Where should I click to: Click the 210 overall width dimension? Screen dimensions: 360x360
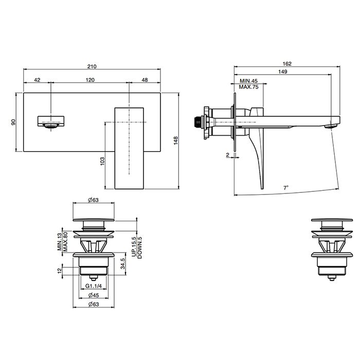click(92, 66)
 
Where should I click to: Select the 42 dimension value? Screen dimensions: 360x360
click(37, 80)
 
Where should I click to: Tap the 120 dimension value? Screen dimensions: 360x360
click(90, 80)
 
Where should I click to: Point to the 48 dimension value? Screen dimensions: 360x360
click(145, 80)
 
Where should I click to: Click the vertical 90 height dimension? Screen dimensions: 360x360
click(14, 122)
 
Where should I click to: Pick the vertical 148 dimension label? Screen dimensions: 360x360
click(176, 140)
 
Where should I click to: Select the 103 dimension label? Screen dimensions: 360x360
click(102, 161)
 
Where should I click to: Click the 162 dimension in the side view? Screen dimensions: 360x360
click(287, 64)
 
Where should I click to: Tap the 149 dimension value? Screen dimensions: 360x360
click(283, 71)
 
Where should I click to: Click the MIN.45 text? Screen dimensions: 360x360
click(248, 81)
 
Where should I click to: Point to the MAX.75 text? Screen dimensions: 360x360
click(248, 87)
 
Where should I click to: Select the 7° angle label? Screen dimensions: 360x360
click(285, 188)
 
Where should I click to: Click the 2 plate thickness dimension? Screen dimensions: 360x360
click(227, 155)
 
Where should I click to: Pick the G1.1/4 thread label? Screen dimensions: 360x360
click(94, 286)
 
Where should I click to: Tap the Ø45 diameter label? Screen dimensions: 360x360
click(94, 295)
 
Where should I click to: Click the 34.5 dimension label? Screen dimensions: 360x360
click(122, 263)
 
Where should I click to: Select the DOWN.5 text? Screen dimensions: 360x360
click(139, 248)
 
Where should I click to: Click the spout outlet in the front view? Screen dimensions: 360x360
click(51, 125)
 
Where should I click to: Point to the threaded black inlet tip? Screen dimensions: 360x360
click(197, 122)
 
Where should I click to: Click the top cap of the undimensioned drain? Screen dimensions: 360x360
click(332, 220)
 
